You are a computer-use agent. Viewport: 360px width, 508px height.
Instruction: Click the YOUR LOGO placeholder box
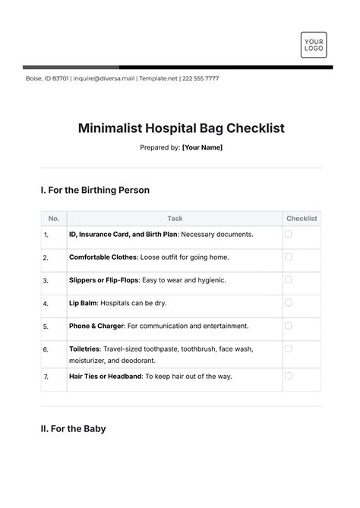click(x=313, y=44)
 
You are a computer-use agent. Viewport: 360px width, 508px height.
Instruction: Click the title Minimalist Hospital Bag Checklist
click(x=181, y=128)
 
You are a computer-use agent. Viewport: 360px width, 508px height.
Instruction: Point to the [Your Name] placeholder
click(x=202, y=147)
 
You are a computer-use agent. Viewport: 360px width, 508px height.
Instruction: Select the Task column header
click(x=175, y=219)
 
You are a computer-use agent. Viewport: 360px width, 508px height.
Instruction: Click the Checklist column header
click(x=302, y=219)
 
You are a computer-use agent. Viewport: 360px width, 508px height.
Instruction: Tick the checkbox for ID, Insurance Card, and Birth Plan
click(x=289, y=234)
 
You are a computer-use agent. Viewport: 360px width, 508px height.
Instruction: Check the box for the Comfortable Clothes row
click(x=289, y=257)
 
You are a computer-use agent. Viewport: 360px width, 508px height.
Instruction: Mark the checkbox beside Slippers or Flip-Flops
click(x=289, y=279)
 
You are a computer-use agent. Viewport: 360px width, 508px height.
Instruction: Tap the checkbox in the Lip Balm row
click(x=289, y=302)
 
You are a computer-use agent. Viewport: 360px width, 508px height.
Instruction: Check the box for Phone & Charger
click(x=289, y=325)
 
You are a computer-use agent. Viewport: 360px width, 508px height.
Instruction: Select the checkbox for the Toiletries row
click(x=289, y=349)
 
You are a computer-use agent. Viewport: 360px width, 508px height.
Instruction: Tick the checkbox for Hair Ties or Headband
click(x=289, y=375)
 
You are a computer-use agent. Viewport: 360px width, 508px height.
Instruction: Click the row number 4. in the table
click(x=46, y=304)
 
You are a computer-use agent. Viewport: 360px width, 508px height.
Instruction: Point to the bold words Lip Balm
click(x=83, y=303)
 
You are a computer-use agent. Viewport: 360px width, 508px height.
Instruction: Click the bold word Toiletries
click(x=85, y=349)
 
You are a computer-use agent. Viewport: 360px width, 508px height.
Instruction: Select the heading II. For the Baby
click(x=73, y=429)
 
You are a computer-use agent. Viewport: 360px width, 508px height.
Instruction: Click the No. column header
click(x=53, y=219)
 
